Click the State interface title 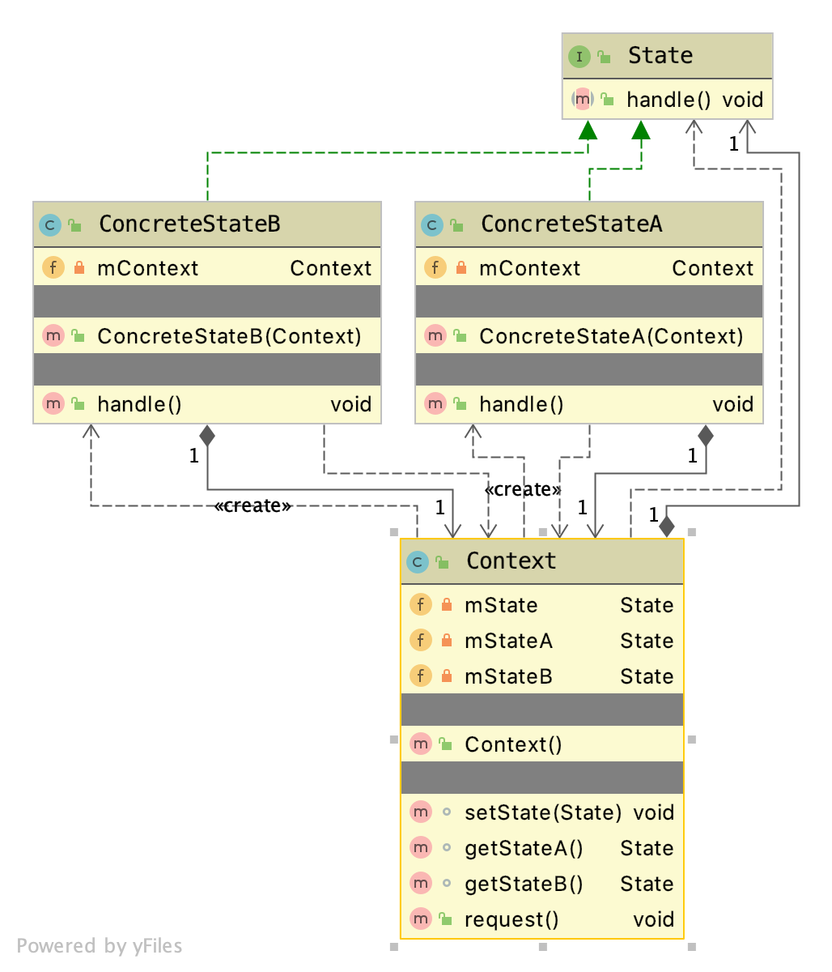pos(660,56)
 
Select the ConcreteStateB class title pos(189,224)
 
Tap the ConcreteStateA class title pos(571,224)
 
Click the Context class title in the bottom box pos(511,561)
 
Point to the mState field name pos(501,606)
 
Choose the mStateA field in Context pos(508,642)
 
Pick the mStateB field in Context pos(508,677)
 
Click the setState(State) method pos(543,813)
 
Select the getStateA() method pos(524,849)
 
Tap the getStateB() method pos(524,885)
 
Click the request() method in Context pos(512,920)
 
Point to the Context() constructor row pos(513,745)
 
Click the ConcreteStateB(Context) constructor pos(229,337)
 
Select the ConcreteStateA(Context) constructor pos(611,337)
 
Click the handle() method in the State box pos(669,100)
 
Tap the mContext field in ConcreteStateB pos(147,269)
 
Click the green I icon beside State pos(579,57)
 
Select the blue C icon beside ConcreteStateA pos(432,225)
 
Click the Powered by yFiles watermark pos(100,946)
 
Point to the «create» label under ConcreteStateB pos(253,506)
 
